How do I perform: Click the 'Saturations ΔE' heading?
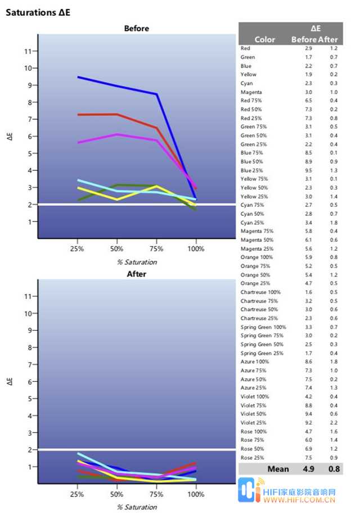(x=38, y=11)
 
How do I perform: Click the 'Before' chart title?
(x=136, y=28)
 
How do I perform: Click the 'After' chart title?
(x=136, y=274)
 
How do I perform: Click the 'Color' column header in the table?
(x=265, y=40)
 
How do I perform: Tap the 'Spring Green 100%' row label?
(x=263, y=327)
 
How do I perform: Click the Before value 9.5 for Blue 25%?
(x=309, y=170)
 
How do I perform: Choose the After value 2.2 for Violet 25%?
(x=334, y=423)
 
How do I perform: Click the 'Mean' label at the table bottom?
(x=278, y=469)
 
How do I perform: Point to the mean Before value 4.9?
(x=309, y=469)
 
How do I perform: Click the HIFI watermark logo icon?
(x=247, y=491)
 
